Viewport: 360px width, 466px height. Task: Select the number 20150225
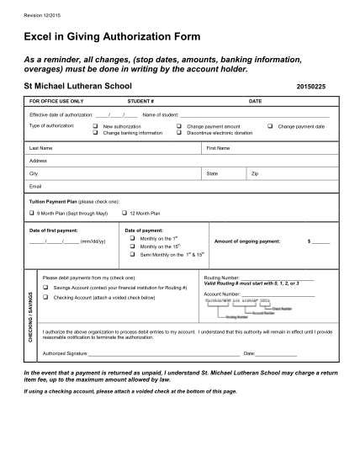309,87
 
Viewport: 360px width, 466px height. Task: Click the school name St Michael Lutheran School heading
77,87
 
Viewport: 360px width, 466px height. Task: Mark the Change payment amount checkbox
180,125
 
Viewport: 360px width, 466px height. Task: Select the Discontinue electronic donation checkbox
180,132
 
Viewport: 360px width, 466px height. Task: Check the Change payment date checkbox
269,125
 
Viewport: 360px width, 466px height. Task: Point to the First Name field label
219,147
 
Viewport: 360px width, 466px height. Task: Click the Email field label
35,185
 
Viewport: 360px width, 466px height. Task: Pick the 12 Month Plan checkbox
124,214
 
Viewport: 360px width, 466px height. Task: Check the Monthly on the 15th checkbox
133,246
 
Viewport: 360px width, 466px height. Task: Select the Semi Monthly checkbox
133,254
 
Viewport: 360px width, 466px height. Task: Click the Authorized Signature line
160,354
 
